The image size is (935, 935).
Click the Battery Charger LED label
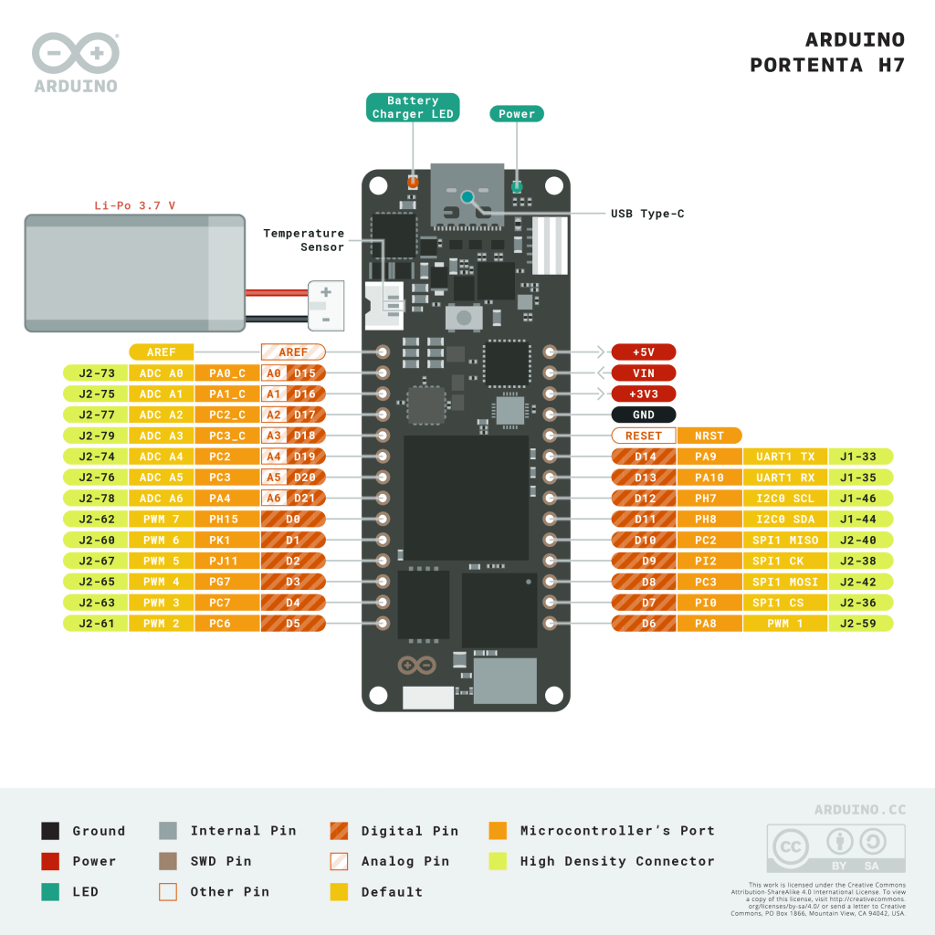413,108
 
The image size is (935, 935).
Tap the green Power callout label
517,114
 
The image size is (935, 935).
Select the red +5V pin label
644,352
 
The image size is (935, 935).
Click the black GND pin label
644,415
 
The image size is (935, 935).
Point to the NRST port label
709,436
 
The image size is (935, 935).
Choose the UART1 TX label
785,457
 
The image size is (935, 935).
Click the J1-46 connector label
860,499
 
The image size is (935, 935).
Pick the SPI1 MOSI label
785,582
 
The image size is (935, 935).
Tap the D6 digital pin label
643,624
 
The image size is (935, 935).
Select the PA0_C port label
227,373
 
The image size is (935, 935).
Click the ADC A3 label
162,436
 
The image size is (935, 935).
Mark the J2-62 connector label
96,519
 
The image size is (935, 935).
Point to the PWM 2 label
162,624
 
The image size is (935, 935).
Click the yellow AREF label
162,352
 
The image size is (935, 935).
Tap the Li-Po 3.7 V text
135,205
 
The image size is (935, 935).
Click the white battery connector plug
326,305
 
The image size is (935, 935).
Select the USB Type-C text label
647,214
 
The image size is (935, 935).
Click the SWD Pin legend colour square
168,861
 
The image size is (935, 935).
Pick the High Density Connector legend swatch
498,861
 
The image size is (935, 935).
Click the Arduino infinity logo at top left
75,54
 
